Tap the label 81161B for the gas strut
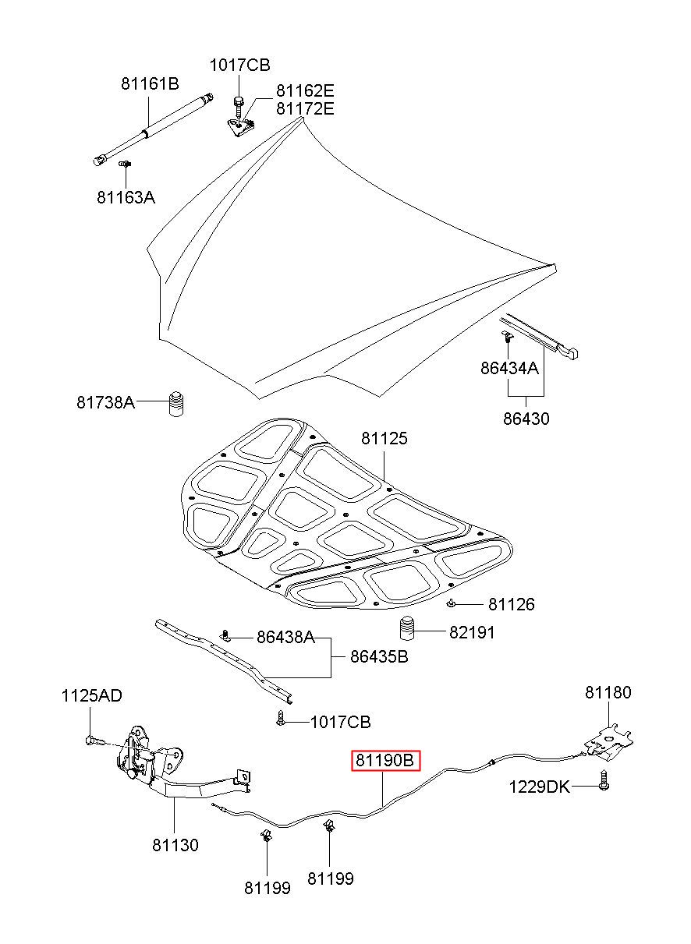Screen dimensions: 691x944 [150, 84]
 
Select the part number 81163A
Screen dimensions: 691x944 [126, 197]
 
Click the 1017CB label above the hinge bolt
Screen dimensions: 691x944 [239, 65]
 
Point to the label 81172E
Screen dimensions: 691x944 [305, 108]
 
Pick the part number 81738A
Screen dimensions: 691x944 [105, 402]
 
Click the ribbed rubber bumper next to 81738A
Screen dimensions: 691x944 [175, 404]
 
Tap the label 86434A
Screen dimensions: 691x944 [509, 368]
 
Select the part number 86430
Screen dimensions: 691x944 [526, 419]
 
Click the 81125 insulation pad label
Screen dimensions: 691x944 [384, 438]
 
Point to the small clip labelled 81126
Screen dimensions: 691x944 [451, 604]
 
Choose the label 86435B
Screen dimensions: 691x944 [379, 656]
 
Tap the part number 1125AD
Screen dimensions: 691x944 [91, 695]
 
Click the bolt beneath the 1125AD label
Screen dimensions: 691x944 [96, 740]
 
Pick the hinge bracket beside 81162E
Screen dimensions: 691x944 [240, 127]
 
